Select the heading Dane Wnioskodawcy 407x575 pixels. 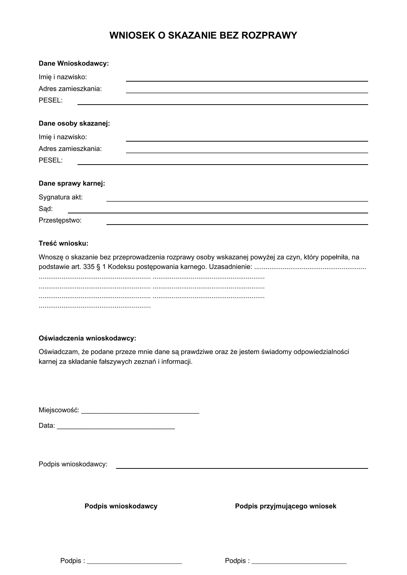coord(74,63)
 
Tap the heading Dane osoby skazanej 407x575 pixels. coord(74,123)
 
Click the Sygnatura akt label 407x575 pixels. coord(61,197)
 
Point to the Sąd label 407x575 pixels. coord(46,209)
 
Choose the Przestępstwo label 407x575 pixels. coord(60,220)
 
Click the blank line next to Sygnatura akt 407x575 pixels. coord(237,201)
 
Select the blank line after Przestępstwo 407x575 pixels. coord(237,224)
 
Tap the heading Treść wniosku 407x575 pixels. coord(63,243)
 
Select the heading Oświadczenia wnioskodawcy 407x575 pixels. coord(87,338)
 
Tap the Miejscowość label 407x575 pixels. coord(59,410)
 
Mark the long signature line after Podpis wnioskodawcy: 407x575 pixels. coord(242,468)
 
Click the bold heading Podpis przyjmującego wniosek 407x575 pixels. coord(285,506)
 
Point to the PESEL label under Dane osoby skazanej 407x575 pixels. coord(51,160)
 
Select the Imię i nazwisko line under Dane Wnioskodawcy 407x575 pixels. coord(247,81)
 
